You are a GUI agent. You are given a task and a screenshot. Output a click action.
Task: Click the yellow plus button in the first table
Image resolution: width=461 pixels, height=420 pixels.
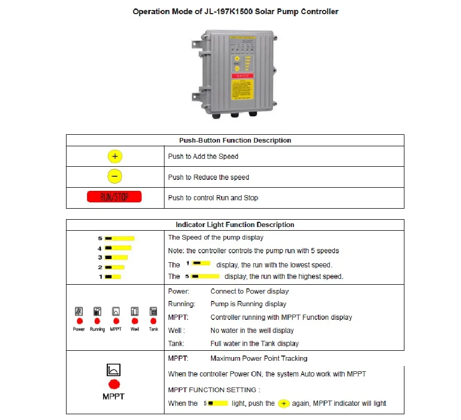point(115,156)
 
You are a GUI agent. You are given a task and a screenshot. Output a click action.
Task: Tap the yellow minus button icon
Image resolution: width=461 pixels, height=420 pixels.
point(115,177)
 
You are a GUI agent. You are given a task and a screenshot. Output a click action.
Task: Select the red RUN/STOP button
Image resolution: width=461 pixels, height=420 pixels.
point(114,197)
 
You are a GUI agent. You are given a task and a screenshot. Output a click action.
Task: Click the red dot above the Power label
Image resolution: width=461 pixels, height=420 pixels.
point(79,320)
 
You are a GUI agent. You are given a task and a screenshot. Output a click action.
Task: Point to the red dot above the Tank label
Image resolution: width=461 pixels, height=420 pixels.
point(153,320)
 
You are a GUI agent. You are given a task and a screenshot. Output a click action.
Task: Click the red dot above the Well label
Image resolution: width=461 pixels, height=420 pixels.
point(135,320)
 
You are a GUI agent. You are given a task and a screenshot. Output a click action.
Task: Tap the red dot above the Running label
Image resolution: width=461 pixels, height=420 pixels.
point(97,320)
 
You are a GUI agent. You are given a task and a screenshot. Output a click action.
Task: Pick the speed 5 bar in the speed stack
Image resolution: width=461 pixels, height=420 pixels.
point(119,238)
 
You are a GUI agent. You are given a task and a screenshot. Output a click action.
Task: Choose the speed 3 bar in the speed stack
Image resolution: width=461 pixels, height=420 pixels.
point(116,257)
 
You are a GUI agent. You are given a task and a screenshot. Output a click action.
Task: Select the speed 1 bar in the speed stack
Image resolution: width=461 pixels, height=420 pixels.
point(113,276)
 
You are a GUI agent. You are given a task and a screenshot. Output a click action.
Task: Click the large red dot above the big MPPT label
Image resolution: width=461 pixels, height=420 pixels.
point(114,384)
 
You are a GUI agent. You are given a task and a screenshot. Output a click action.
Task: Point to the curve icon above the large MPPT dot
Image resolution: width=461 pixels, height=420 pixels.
point(114,370)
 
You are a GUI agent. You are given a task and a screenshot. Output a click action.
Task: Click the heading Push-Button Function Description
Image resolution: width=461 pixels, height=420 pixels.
point(235,141)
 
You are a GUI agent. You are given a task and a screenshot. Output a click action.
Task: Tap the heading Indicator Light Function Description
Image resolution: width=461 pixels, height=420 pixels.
point(235,224)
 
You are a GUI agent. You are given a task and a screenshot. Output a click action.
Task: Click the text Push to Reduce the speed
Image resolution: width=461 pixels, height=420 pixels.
point(208,177)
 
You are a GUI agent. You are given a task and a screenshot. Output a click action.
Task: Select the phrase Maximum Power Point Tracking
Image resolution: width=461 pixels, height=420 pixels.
point(259,359)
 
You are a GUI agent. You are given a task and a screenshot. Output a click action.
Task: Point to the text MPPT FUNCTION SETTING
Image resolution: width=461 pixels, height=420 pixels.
point(212,390)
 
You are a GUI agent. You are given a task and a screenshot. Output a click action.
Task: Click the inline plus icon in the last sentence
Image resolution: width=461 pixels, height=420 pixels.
point(284,403)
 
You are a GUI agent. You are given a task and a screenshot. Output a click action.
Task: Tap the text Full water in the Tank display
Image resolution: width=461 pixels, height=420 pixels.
point(255,343)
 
